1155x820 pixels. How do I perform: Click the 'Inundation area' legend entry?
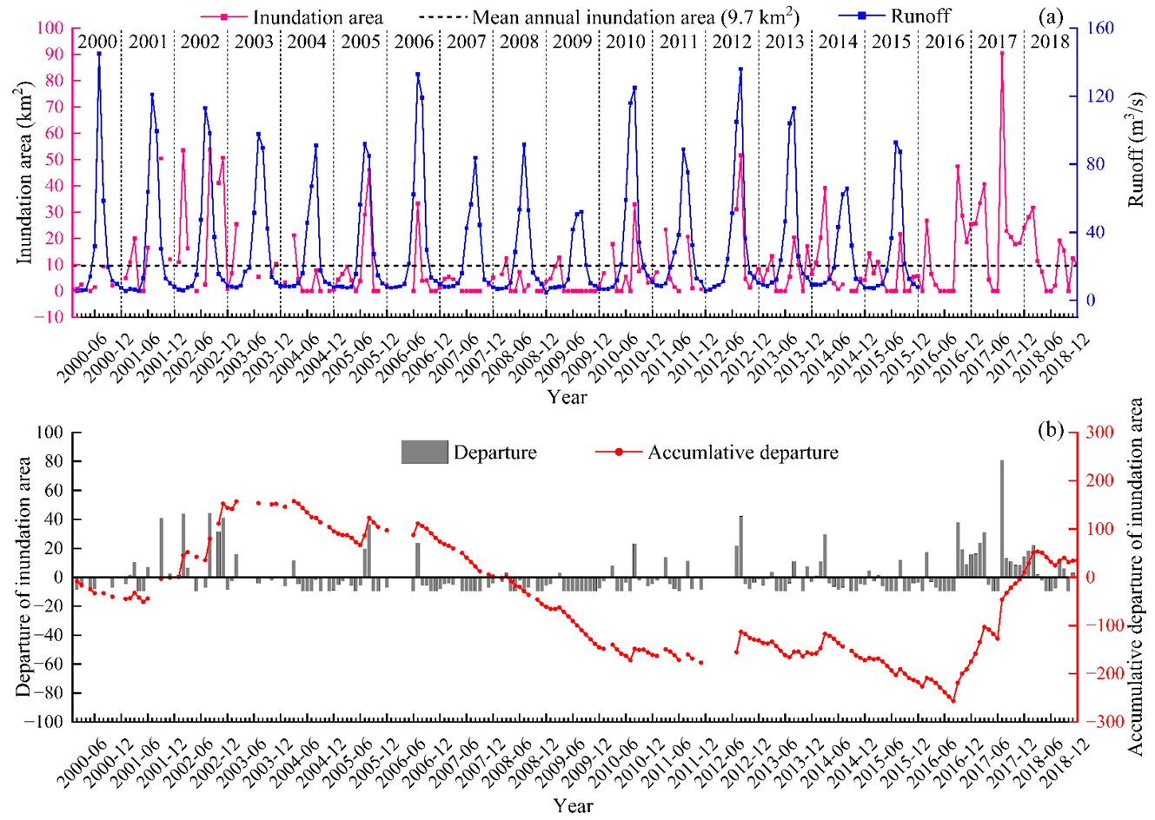pos(317,17)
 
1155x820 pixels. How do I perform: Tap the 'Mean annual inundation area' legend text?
pos(635,17)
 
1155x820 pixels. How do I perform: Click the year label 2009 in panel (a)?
pos(573,41)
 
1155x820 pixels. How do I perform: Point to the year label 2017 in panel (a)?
pos(997,41)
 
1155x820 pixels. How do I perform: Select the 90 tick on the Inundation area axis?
pos(54,55)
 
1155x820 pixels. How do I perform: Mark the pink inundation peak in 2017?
pos(1002,54)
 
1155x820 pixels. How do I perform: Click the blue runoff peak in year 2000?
pos(99,54)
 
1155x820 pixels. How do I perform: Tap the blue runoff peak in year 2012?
pos(740,69)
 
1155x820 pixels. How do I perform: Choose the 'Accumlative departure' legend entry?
pos(742,453)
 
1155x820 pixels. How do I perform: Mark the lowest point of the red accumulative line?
pos(953,702)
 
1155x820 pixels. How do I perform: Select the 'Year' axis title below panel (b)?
pos(574,805)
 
